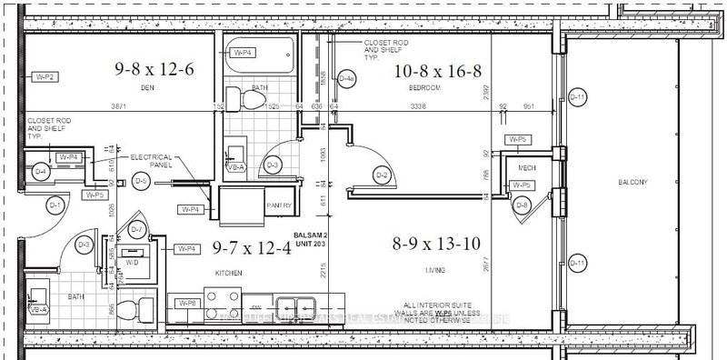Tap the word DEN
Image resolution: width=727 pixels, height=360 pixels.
(149, 88)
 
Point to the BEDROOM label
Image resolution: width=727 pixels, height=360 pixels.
(425, 88)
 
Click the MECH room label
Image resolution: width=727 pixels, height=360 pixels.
(525, 168)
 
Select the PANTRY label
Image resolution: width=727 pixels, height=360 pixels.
(278, 206)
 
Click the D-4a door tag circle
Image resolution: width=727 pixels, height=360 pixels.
(346, 79)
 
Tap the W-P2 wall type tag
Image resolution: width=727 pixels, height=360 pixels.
(45, 77)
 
